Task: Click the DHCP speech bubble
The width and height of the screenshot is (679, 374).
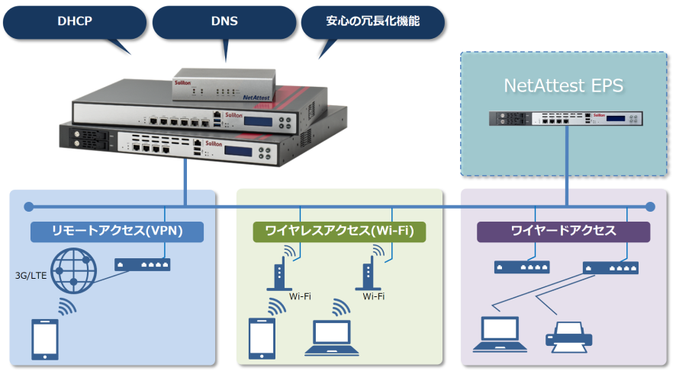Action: pyautogui.click(x=75, y=21)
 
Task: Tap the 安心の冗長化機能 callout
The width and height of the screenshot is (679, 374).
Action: pyautogui.click(x=373, y=22)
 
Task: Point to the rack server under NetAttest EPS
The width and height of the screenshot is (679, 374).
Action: pyautogui.click(x=567, y=119)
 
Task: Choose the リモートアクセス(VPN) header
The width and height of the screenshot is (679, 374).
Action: pyautogui.click(x=117, y=232)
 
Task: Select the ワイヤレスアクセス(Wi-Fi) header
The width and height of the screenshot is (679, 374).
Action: pyautogui.click(x=339, y=232)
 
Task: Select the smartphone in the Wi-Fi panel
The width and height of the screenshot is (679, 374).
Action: pyautogui.click(x=261, y=337)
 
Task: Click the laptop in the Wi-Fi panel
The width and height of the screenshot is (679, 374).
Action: pyautogui.click(x=332, y=338)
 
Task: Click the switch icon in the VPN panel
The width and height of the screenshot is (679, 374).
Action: pyautogui.click(x=142, y=264)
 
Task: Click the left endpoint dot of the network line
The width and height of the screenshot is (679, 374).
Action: pyautogui.click(x=29, y=206)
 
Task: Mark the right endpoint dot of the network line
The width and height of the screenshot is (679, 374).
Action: pyautogui.click(x=650, y=206)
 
